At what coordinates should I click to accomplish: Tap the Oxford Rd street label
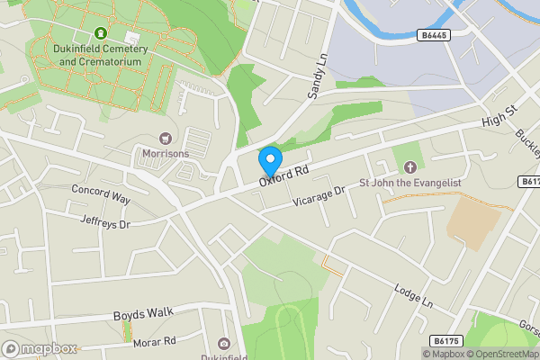284,175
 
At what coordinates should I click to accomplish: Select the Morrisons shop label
166,153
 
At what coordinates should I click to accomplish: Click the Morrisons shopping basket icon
166,138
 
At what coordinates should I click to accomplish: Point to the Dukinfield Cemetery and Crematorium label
101,56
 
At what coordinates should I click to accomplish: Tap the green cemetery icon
101,33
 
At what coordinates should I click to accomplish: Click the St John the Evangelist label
410,183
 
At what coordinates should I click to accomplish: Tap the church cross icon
410,167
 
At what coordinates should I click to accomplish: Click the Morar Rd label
154,341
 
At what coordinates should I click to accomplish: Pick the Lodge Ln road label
413,297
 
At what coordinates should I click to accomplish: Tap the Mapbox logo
40,348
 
